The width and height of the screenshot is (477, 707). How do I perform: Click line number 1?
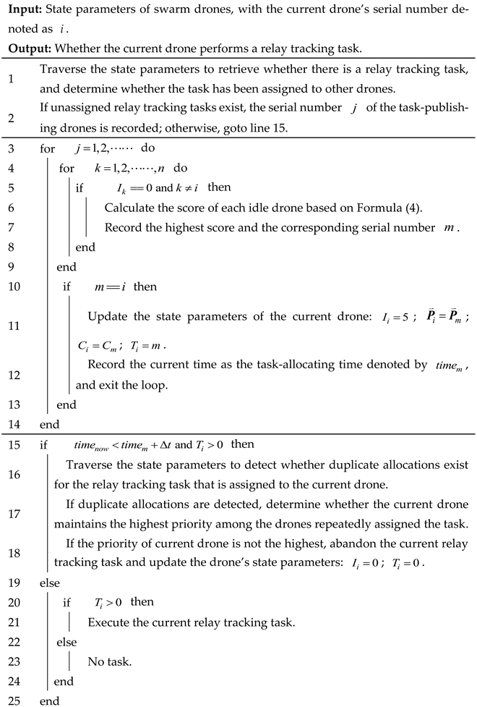pyautogui.click(x=17, y=77)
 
